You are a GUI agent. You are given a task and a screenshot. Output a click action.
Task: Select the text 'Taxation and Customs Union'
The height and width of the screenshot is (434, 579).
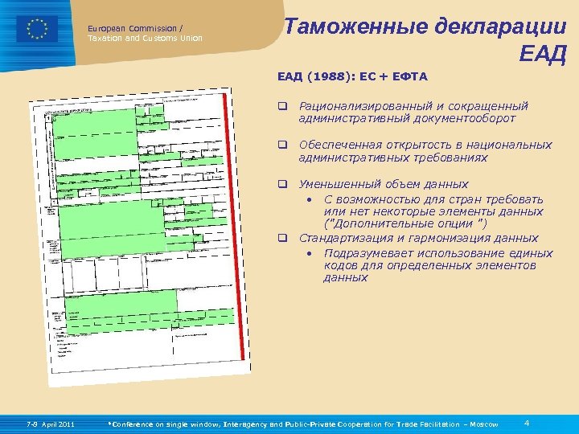pos(145,38)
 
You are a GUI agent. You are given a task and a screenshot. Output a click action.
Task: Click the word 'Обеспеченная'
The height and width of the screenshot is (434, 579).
pos(339,145)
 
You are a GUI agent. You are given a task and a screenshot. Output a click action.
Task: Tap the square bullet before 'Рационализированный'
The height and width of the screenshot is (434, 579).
pos(283,105)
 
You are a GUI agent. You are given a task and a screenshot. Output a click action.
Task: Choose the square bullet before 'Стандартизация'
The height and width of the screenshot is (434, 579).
pos(283,238)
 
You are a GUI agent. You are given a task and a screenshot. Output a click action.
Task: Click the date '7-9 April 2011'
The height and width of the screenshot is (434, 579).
pos(50,424)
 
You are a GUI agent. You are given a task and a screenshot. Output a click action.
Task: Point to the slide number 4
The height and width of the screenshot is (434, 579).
pos(526,423)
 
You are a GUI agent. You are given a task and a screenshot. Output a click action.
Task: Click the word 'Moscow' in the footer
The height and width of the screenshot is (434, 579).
pos(482,424)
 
